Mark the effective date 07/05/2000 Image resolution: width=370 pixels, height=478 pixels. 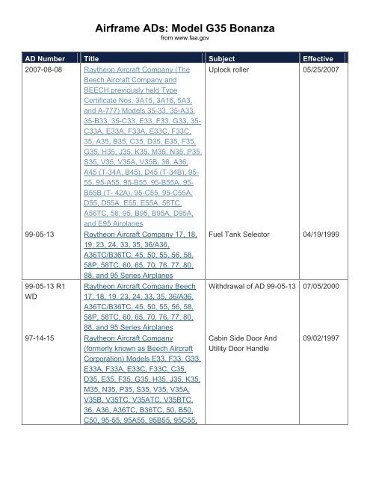pos(324,264)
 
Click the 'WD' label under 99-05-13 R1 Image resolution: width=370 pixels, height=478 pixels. pos(28,278)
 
